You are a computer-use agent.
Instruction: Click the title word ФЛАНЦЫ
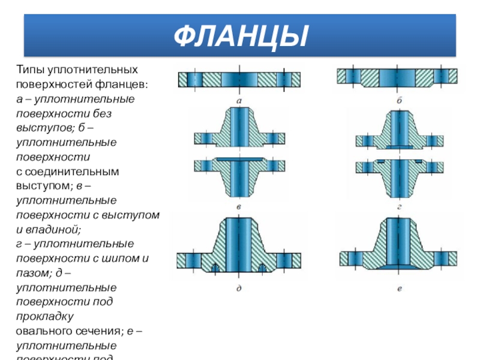coord(239,37)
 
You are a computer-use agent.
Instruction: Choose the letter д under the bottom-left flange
coord(239,289)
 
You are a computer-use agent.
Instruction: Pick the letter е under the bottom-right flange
coord(399,289)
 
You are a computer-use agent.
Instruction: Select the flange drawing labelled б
coord(397,76)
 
